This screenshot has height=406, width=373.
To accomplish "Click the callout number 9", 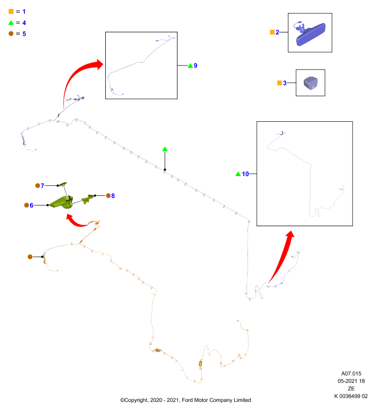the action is coord(196,65).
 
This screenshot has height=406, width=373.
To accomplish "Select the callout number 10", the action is coord(245,174).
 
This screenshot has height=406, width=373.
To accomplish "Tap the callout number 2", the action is coord(277,32).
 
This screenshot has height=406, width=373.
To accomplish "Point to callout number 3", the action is coord(285,83).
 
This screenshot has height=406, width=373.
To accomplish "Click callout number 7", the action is coord(43,186).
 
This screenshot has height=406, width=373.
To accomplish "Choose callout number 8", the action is coord(113,196).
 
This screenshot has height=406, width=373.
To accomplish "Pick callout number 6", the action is coord(32,206).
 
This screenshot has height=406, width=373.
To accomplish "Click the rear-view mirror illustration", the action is coord(310,34).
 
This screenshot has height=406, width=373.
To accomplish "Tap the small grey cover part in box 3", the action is coord(311,83).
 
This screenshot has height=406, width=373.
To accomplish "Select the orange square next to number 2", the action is coord(272,32).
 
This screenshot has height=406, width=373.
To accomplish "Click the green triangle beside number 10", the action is coord(238,174).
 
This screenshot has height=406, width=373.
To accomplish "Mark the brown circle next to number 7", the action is coord(38,186).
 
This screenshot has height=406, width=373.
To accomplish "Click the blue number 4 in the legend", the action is coord(24,23).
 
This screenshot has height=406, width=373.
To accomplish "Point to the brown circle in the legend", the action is coord(11,33).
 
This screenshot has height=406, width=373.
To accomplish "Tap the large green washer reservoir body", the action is coord(61,202).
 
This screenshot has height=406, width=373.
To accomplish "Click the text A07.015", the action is coord(351,374).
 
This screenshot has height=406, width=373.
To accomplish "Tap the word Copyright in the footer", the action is coord(137,400).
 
